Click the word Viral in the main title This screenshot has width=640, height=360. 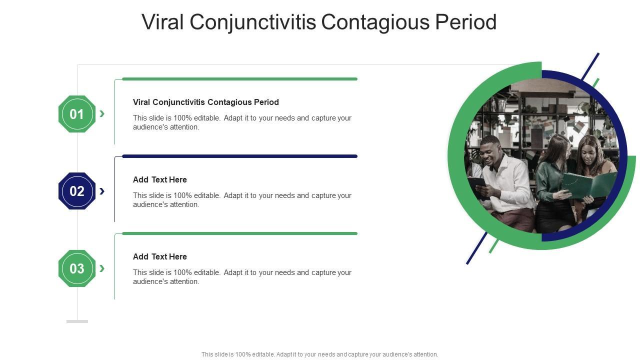pyautogui.click(x=162, y=21)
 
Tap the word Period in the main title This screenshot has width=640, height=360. pyautogui.click(x=466, y=21)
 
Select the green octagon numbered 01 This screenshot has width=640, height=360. pyautogui.click(x=77, y=114)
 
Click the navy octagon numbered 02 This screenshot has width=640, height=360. pyautogui.click(x=77, y=191)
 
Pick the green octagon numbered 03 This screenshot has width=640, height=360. pyautogui.click(x=77, y=268)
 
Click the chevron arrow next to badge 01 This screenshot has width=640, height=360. pyautogui.click(x=102, y=113)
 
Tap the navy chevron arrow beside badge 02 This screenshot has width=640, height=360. pyautogui.click(x=102, y=191)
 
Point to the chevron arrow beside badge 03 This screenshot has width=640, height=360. pyautogui.click(x=102, y=268)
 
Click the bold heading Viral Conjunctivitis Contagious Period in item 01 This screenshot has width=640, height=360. pyautogui.click(x=205, y=102)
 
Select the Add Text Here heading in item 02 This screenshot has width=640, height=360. pyautogui.click(x=159, y=179)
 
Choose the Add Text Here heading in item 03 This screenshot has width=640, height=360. pyautogui.click(x=159, y=256)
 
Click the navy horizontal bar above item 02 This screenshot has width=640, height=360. pyautogui.click(x=239, y=156)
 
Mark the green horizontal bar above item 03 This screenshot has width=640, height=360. pyautogui.click(x=239, y=233)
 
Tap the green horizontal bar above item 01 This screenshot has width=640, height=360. pyautogui.click(x=239, y=79)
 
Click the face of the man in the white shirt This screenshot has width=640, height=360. pyautogui.click(x=491, y=152)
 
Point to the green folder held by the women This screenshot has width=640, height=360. pyautogui.click(x=588, y=185)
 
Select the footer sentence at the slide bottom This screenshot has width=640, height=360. pyautogui.click(x=319, y=354)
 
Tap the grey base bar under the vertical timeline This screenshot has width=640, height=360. pyautogui.click(x=77, y=321)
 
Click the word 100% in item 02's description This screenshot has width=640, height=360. pyautogui.click(x=182, y=195)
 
